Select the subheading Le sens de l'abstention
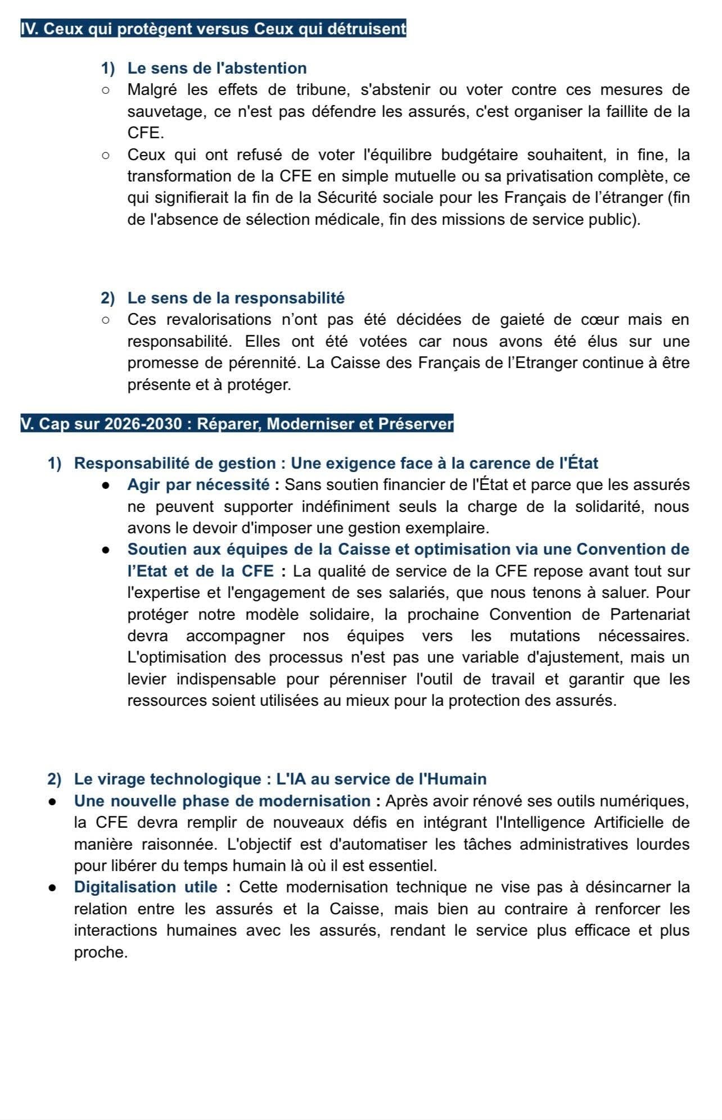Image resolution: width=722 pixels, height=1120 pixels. [217, 68]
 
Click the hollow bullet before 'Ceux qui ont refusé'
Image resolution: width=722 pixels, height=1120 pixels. [105, 155]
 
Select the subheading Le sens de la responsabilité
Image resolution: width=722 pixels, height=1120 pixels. [236, 298]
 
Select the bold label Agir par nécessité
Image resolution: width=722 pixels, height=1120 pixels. [198, 484]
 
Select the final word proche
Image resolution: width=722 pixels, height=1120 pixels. [101, 953]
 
